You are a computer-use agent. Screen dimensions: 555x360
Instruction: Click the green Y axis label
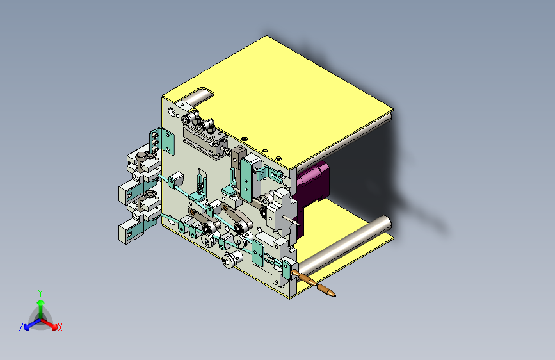click(x=40, y=293)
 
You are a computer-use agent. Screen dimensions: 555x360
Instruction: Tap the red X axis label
click(x=60, y=327)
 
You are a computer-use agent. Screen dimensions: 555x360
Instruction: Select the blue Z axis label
click(x=21, y=327)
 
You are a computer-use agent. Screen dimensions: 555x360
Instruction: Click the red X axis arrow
click(x=49, y=324)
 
